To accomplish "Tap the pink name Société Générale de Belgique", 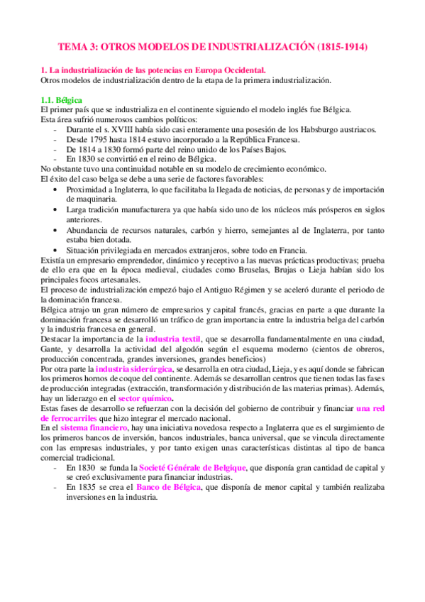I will [x=202, y=469].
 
